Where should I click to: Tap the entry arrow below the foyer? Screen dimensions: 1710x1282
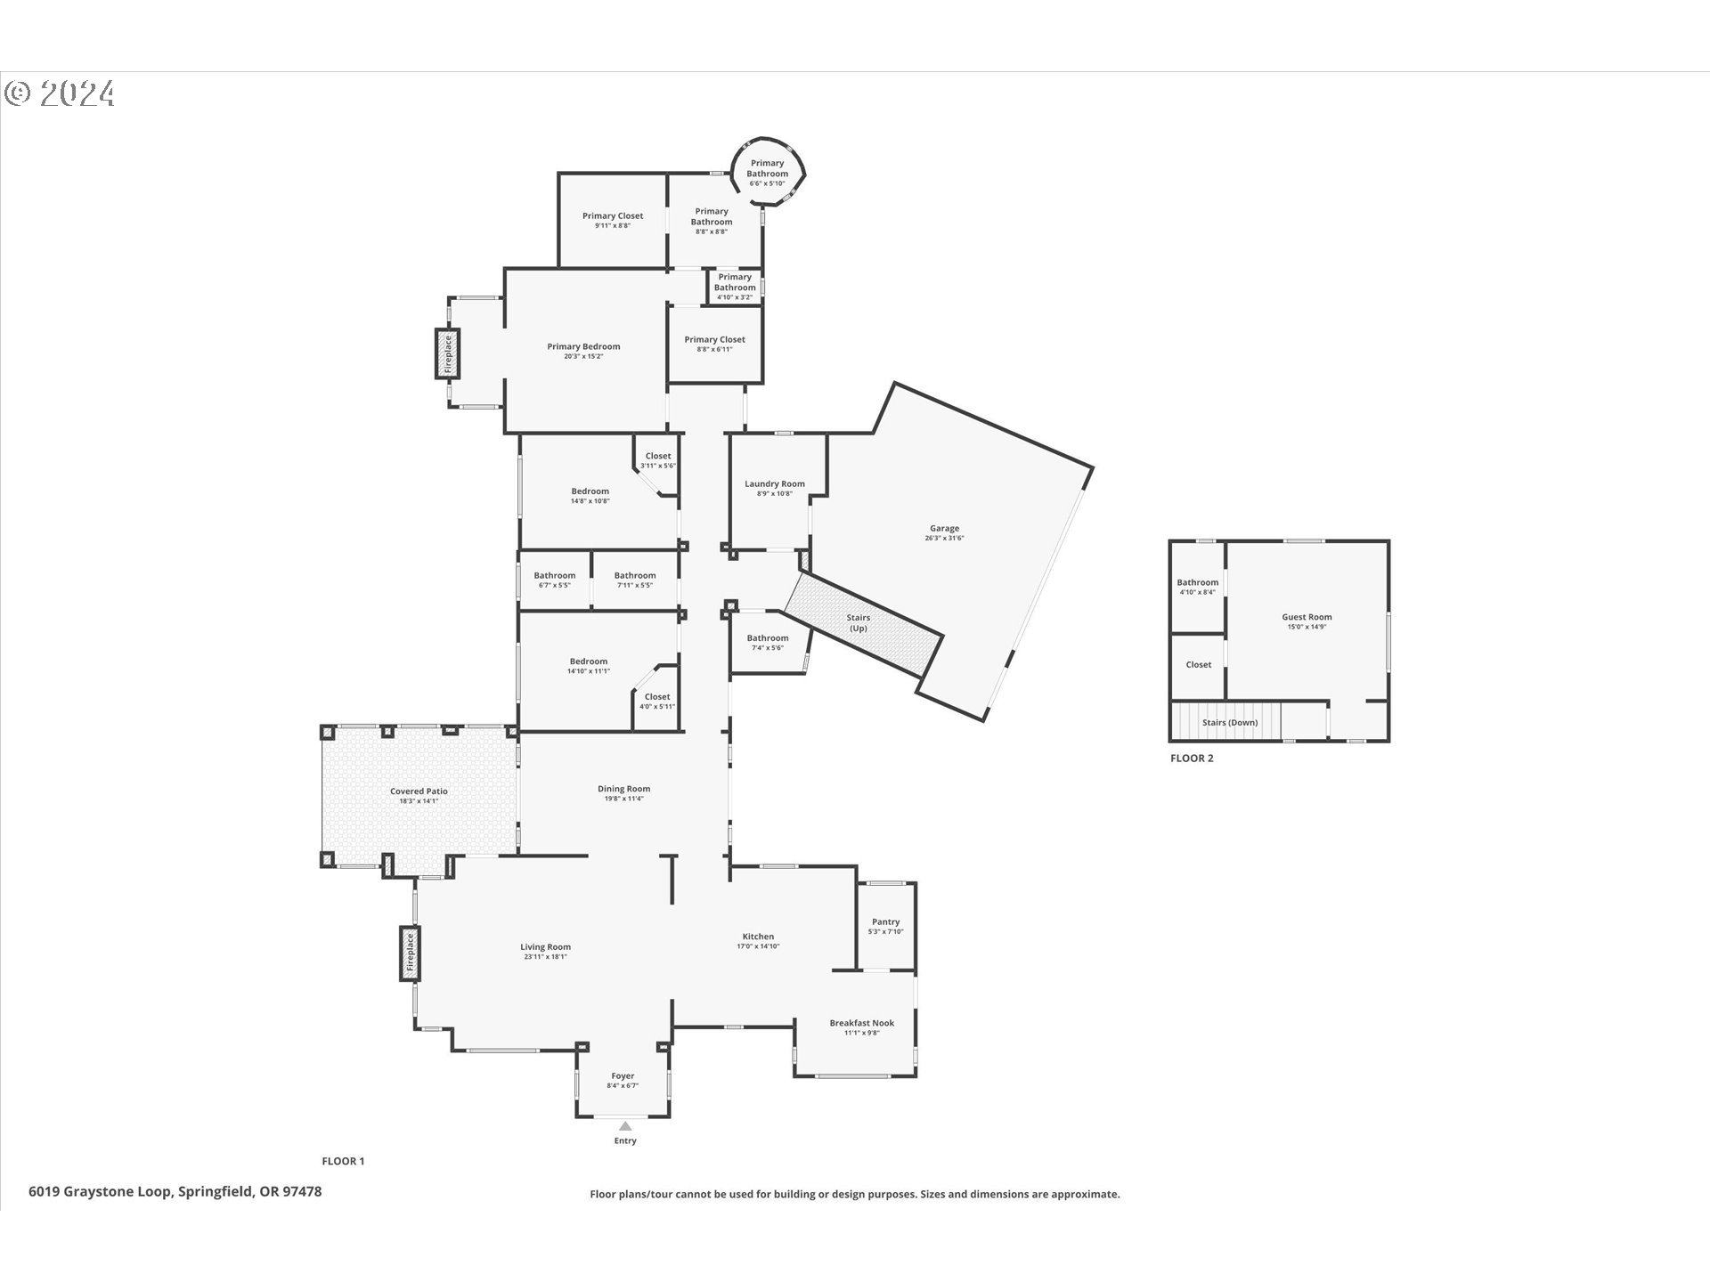point(625,1126)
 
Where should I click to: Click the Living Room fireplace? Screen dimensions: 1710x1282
point(410,953)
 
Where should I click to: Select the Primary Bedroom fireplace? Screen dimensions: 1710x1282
point(447,353)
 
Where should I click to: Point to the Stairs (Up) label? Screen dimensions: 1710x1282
point(858,622)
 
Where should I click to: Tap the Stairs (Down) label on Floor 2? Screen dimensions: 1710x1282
point(1230,722)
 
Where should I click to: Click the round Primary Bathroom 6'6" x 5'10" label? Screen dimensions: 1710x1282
point(767,173)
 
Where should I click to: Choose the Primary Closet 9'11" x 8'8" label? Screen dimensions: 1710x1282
point(613,220)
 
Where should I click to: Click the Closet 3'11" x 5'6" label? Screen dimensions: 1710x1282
point(658,460)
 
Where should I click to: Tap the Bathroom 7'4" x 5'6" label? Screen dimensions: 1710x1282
point(768,642)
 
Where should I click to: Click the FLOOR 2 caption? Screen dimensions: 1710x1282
point(1192,759)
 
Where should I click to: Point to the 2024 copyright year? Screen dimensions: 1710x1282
point(77,93)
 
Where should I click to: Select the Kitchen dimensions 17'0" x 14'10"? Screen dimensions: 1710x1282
point(758,946)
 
